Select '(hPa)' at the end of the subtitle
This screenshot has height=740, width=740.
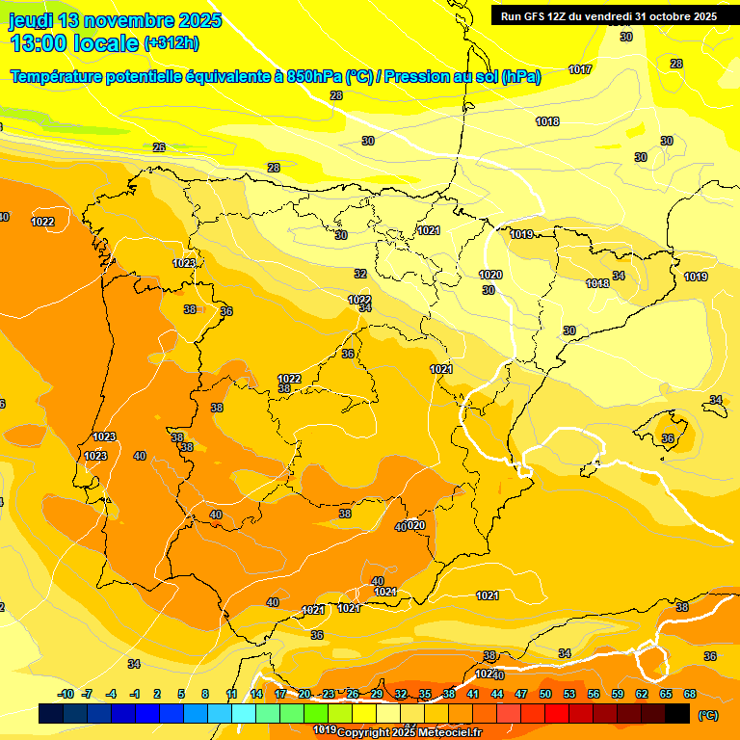click(521, 76)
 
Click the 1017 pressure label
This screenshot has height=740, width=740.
click(579, 69)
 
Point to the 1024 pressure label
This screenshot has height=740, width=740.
click(487, 674)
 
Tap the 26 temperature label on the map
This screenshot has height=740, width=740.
click(159, 147)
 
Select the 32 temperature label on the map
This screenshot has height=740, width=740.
click(360, 275)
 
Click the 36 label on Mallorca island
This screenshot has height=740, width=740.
click(668, 438)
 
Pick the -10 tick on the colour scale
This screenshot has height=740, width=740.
click(66, 694)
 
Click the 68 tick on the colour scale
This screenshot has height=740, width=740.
click(690, 694)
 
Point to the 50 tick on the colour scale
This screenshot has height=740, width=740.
click(545, 694)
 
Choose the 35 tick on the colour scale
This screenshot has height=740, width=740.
click(425, 694)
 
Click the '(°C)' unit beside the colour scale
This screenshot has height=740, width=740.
click(708, 715)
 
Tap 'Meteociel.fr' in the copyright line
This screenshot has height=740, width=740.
click(450, 732)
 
